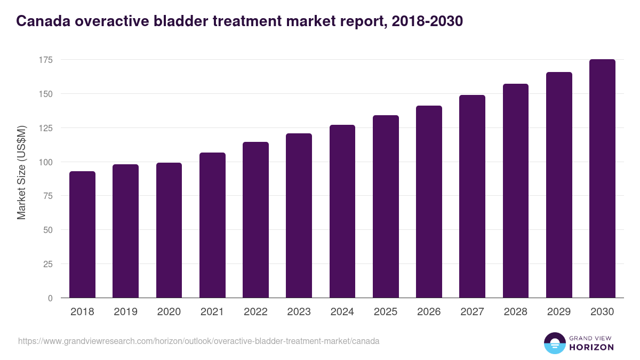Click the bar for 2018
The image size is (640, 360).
tap(82, 235)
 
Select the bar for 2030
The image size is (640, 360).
tap(602, 179)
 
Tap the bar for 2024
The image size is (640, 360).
tap(342, 211)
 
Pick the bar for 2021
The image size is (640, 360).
tap(212, 225)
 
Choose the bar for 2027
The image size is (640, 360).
tap(472, 196)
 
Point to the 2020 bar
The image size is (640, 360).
tap(169, 230)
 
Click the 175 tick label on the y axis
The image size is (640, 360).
tap(45, 60)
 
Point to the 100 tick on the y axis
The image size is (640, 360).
tap(45, 162)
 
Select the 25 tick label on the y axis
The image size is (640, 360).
tap(47, 264)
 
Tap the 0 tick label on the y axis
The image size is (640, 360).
tap(50, 298)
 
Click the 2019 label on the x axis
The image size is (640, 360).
tap(125, 312)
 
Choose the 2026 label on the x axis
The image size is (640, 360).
tap(429, 312)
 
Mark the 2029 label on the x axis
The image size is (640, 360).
tap(559, 312)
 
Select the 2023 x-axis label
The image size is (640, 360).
tap(299, 312)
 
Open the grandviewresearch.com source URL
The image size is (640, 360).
tap(199, 341)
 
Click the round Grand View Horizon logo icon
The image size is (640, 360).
tap(554, 343)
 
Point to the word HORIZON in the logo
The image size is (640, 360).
tap(591, 347)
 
